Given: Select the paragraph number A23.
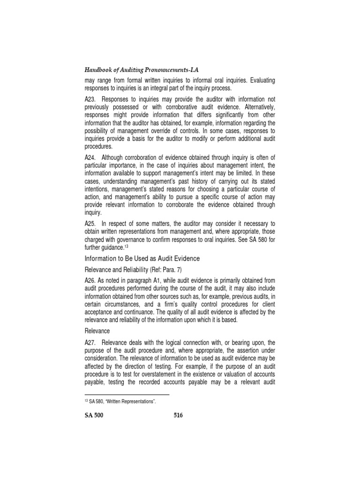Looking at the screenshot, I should click(90, 99).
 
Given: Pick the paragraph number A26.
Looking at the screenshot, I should click(90, 280).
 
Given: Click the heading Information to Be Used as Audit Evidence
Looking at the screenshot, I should click(142, 258).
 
